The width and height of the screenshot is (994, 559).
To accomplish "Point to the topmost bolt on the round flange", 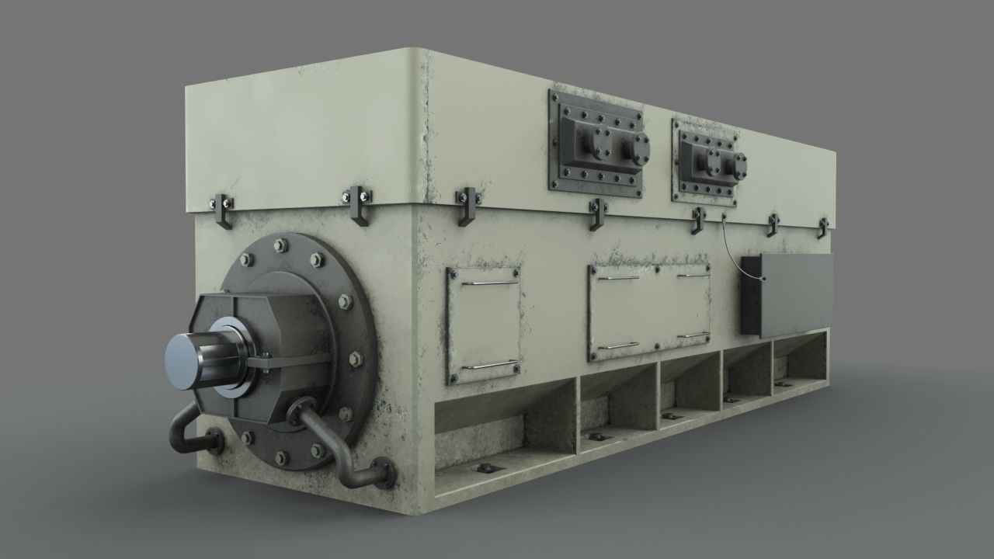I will pos(281,246).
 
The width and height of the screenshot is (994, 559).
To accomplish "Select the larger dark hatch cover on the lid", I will pos(596,141).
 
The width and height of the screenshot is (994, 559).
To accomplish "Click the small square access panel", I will pos(483,325).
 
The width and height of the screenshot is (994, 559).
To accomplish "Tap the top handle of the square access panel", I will pos(489,282).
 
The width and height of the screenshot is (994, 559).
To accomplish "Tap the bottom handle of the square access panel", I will pos(489,364).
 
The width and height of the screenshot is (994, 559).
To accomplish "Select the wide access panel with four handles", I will pos(649,311).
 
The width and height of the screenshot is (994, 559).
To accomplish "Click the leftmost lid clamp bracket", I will pos(222,210).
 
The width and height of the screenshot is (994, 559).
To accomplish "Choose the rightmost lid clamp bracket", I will pos(822,227).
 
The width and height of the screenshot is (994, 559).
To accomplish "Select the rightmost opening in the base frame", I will pos(800,360).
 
